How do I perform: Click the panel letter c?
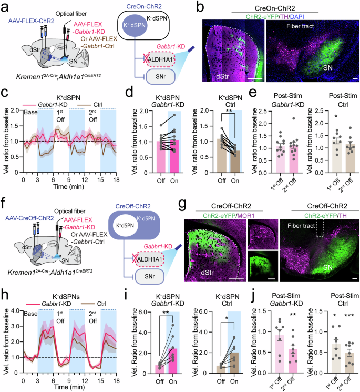pos(4,96)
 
